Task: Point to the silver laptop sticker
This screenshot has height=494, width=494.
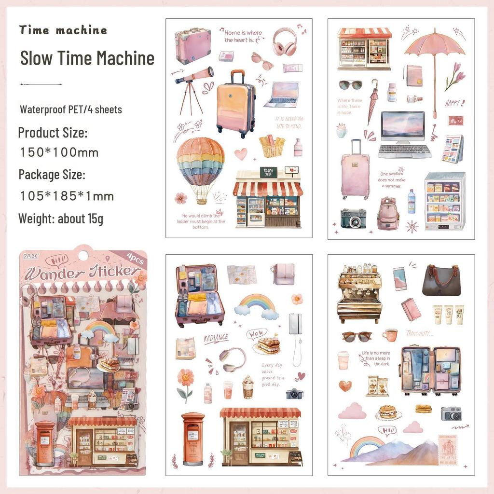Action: (281, 94)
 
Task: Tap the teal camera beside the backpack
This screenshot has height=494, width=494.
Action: (353, 219)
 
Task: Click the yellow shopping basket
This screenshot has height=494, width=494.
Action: (272, 146)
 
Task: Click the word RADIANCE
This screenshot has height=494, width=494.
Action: (216, 338)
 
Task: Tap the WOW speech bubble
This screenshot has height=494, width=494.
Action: (257, 333)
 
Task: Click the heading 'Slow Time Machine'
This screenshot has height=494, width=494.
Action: (87, 58)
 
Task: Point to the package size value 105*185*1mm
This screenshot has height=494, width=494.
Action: (67, 196)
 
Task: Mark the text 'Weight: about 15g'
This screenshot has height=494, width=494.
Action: (61, 219)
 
